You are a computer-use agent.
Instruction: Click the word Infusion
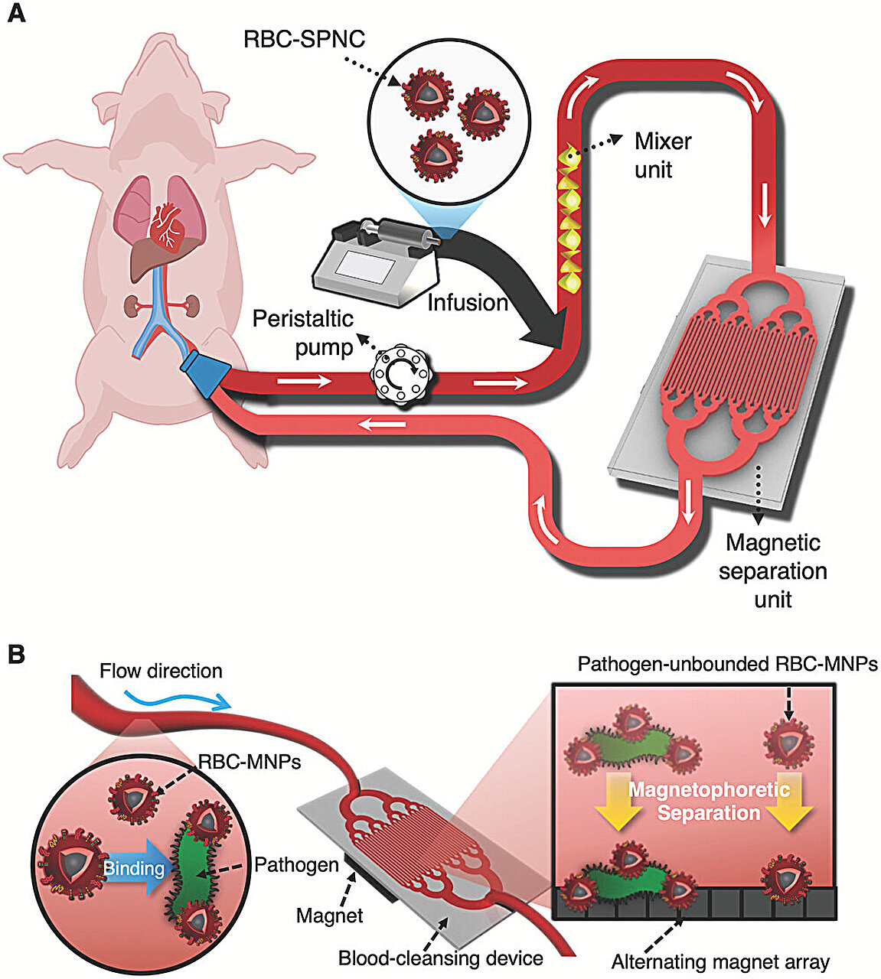(x=468, y=303)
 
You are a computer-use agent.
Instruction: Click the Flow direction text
(x=161, y=672)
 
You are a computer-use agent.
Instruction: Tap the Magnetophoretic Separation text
(x=708, y=801)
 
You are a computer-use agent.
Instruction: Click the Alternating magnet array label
(x=720, y=961)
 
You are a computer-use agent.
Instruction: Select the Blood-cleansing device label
(x=440, y=958)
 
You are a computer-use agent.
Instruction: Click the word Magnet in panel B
(x=329, y=914)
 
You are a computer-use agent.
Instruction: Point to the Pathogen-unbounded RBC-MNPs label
(x=726, y=664)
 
